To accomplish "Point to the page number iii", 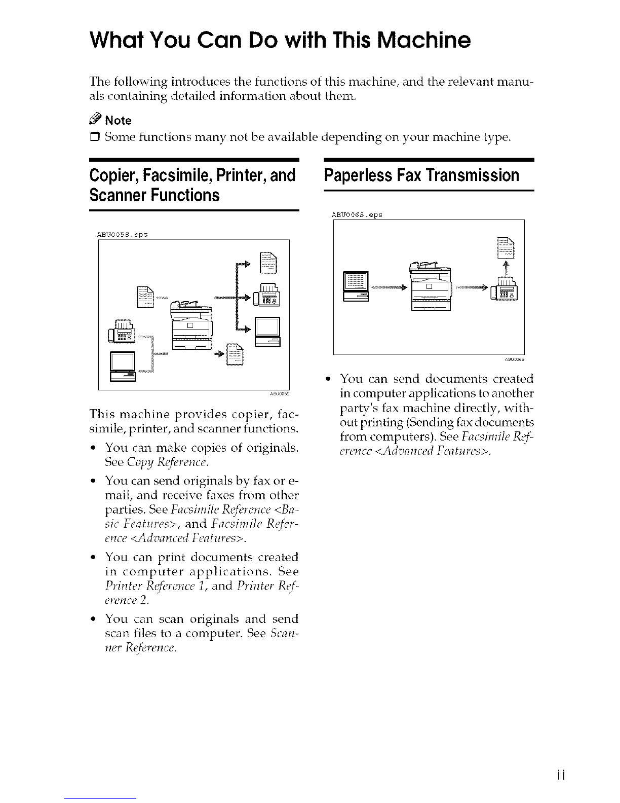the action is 561,775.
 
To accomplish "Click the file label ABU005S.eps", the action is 122,234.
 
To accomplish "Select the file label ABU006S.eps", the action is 357,215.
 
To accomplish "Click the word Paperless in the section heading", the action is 358,175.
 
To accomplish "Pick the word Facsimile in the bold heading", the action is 178,175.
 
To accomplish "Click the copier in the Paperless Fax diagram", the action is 431,286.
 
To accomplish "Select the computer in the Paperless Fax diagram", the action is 356,286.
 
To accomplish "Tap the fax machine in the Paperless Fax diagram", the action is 504,288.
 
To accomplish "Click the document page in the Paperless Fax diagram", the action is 506,247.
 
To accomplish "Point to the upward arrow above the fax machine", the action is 506,268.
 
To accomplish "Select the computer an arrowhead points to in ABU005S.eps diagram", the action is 267,332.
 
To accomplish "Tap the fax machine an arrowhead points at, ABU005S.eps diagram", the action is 266,295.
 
